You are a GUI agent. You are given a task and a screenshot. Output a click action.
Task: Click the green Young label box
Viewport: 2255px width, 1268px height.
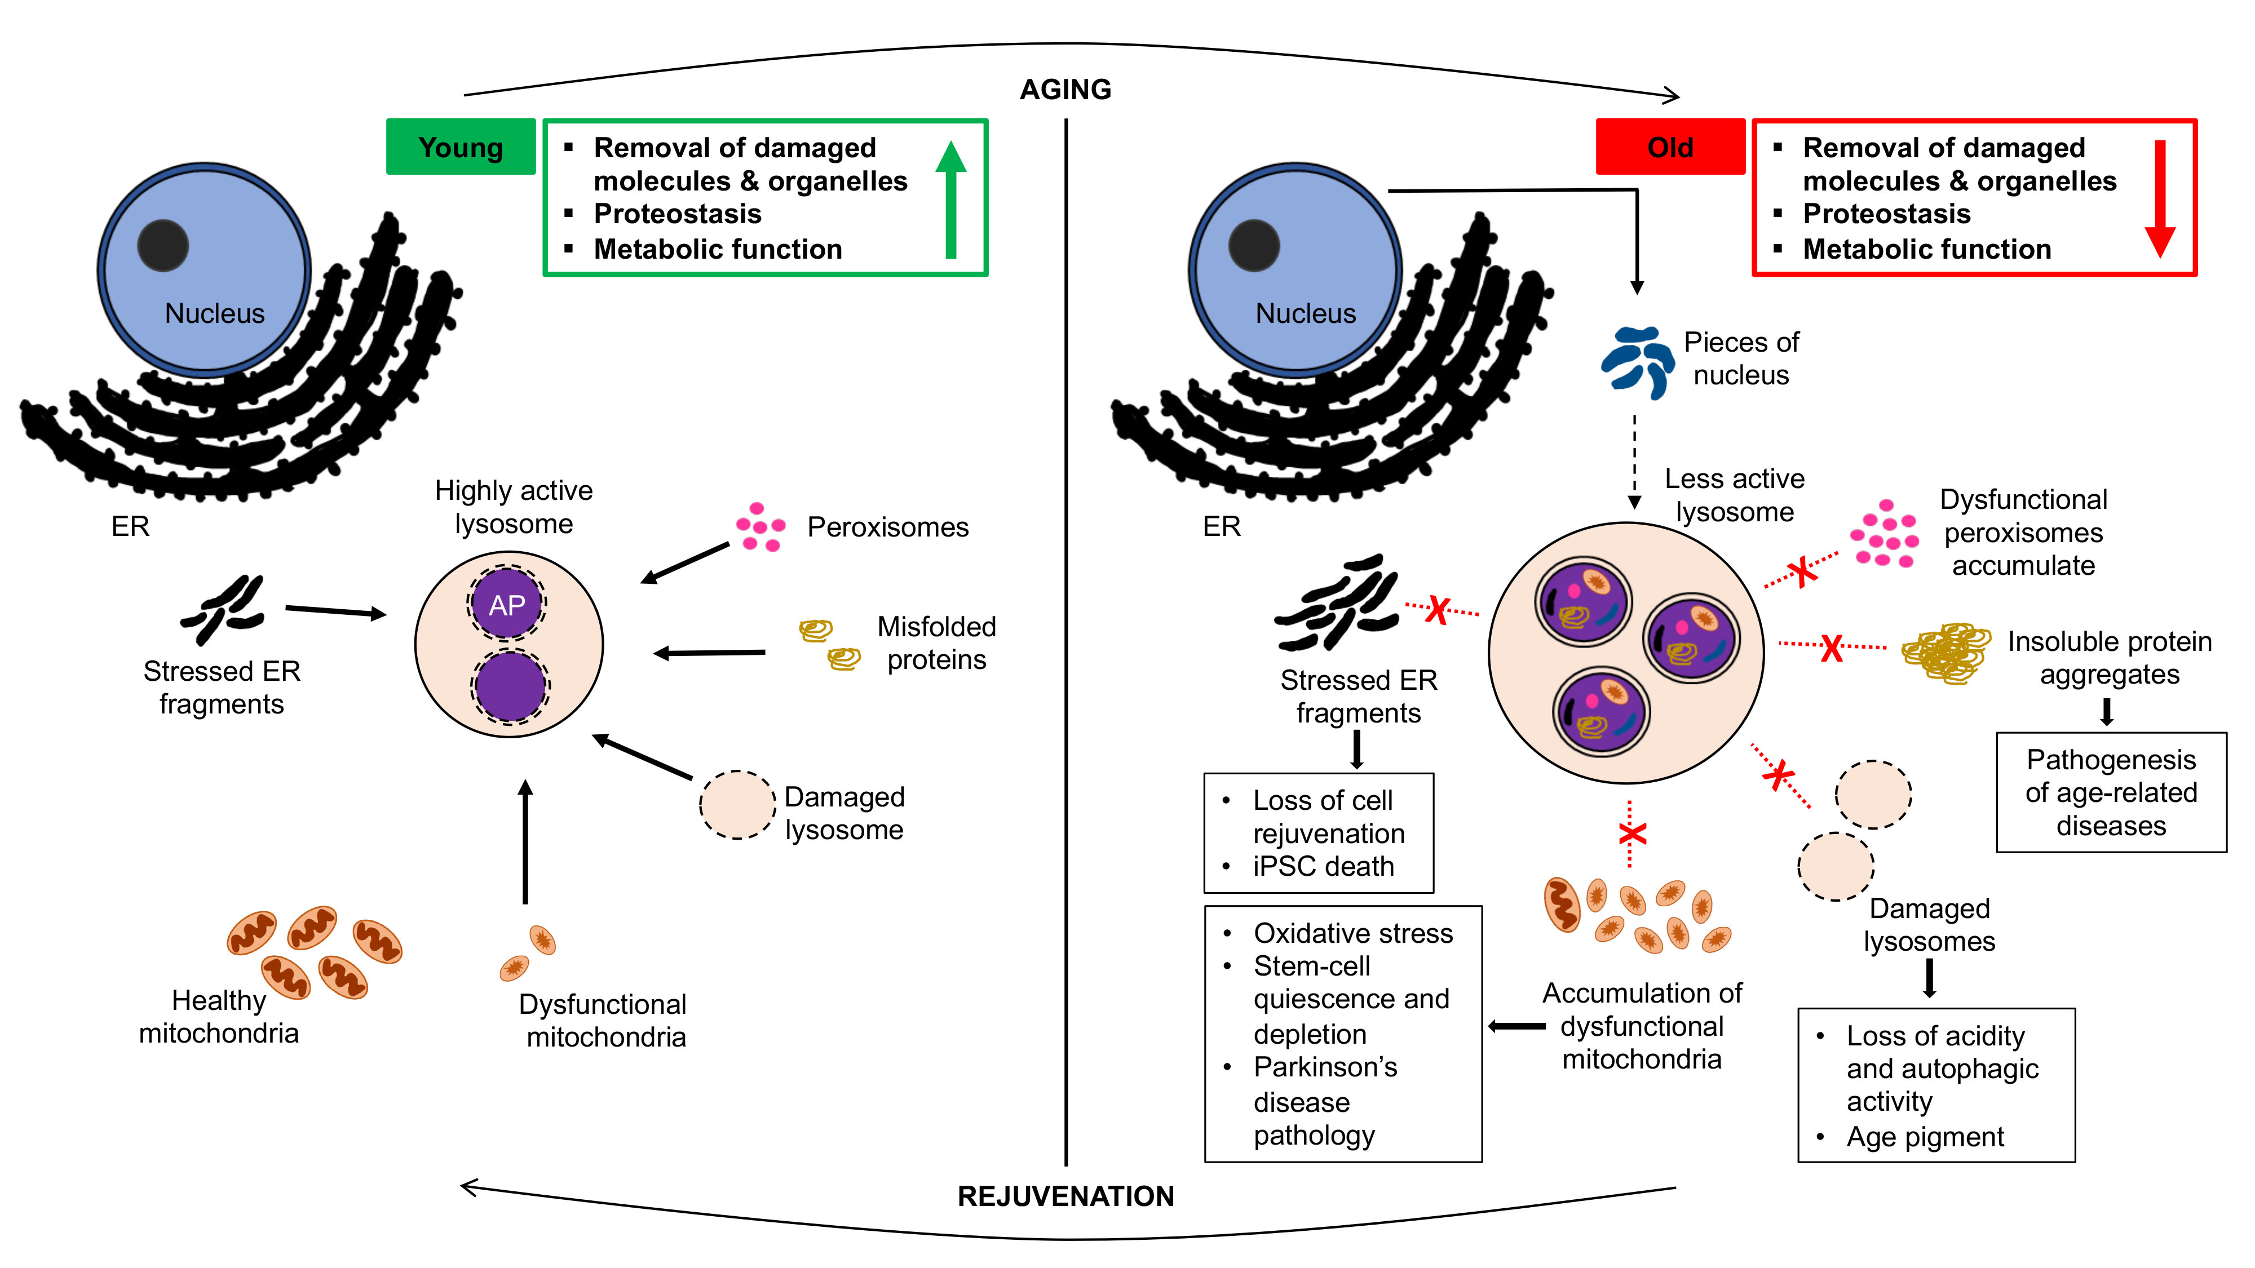[x=461, y=147]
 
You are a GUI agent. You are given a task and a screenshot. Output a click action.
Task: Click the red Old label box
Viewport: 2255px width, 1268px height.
[x=1669, y=147]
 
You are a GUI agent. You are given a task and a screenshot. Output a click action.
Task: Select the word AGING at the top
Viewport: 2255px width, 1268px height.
[x=1065, y=89]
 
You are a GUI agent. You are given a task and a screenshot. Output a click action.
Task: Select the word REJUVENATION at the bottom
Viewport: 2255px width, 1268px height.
[x=1065, y=1196]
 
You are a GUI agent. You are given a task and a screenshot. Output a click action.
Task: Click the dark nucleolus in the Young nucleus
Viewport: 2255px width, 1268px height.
[x=163, y=246]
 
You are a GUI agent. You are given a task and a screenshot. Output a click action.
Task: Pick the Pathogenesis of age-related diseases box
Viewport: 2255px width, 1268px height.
[x=2111, y=792]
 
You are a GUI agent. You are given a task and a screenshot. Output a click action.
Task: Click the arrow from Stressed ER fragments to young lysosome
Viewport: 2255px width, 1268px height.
[x=335, y=611]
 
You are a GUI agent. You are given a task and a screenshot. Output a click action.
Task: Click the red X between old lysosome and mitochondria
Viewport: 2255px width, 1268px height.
[x=1631, y=834]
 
